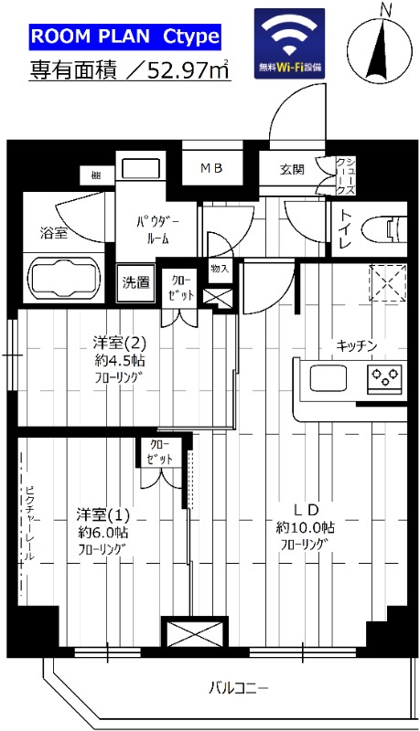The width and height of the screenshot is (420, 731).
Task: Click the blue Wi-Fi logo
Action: pos(289,44)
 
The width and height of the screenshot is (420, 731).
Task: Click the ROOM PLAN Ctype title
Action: pos(125,37)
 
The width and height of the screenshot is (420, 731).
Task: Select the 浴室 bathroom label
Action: pos(52,233)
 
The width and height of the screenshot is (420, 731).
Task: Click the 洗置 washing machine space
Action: pos(136,282)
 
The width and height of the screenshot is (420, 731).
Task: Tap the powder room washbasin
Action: pos(141,170)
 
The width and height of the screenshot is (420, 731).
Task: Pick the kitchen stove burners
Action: pos(385,375)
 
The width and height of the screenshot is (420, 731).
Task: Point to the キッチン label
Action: pos(357,345)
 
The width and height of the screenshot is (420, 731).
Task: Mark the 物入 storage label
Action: pos(219,269)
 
